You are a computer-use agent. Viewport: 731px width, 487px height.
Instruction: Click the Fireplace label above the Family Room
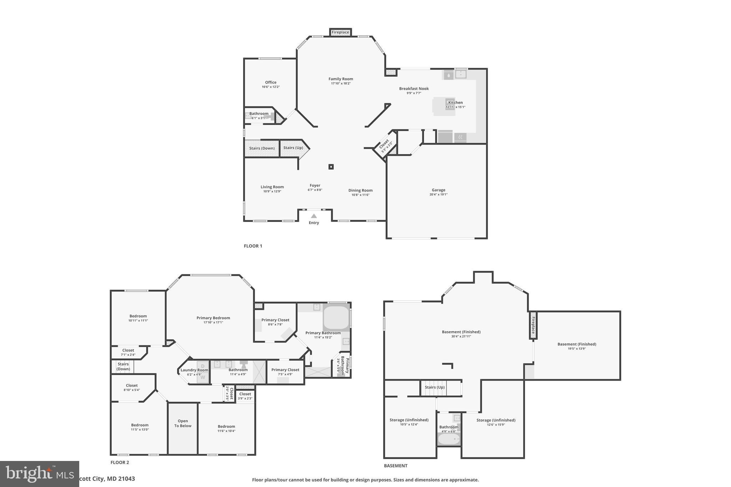[x=340, y=32]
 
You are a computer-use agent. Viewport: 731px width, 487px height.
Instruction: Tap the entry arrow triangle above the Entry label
[x=314, y=216]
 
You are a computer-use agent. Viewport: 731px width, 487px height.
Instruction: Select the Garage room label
[x=438, y=190]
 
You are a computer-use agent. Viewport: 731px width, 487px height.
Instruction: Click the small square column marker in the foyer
[x=331, y=167]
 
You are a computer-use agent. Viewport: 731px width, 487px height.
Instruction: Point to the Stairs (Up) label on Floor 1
[x=293, y=148]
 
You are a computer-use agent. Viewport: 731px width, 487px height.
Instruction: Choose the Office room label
[x=271, y=82]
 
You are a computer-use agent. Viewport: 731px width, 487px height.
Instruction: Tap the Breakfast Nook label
[x=414, y=88]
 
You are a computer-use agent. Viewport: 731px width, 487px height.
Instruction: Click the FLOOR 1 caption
[x=253, y=246]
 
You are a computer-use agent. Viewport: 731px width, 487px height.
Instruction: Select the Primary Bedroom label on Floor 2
[x=213, y=318]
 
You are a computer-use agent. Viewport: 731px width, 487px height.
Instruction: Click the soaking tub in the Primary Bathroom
[x=336, y=317]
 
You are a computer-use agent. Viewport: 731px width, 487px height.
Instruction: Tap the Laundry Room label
[x=194, y=370]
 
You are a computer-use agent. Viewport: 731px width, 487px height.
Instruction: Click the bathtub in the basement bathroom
[x=449, y=440]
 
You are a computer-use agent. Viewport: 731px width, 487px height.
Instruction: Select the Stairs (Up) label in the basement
[x=434, y=387]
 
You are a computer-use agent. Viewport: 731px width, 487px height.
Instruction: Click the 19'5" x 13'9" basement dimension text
[x=577, y=349]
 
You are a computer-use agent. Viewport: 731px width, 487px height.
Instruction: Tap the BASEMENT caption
[x=395, y=466]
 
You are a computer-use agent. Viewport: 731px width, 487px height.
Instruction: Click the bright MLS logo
[x=39, y=474]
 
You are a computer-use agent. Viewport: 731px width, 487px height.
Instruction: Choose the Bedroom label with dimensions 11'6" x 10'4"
[x=226, y=426]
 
